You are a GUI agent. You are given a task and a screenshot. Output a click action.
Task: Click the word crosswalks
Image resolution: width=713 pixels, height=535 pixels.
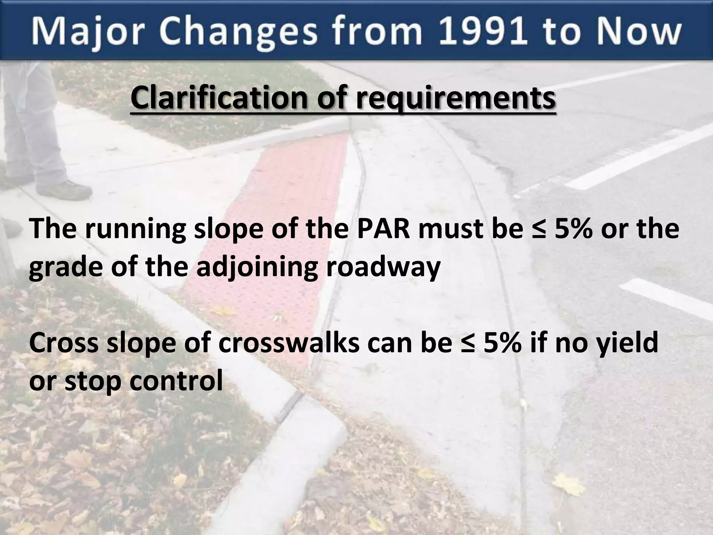click(x=289, y=343)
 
